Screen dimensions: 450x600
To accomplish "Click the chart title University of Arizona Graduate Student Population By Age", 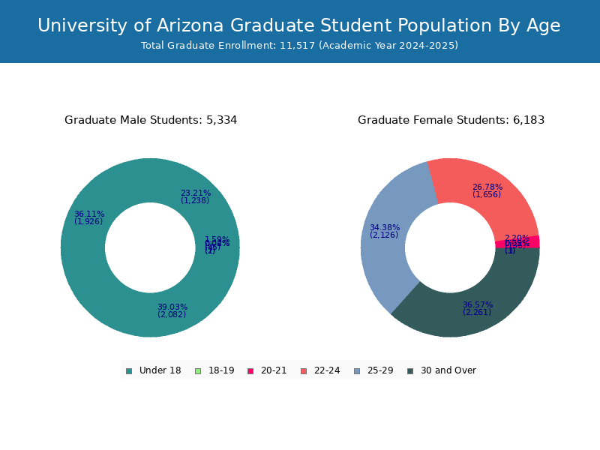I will tap(299, 25).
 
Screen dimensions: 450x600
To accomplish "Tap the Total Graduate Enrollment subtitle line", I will tap(299, 46).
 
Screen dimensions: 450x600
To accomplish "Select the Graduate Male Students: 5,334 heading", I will tap(151, 120).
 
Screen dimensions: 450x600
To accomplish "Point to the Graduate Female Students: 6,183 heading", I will tap(451, 120).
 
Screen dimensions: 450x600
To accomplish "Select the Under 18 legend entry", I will tap(153, 370).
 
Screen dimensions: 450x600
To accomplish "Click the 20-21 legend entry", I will tap(267, 370).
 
